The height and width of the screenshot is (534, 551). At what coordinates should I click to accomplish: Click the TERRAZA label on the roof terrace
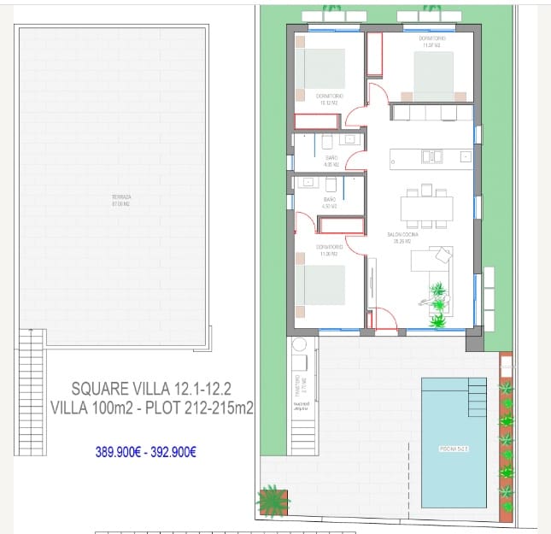click(120, 201)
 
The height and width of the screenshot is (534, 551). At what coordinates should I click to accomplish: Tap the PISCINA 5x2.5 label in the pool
click(453, 448)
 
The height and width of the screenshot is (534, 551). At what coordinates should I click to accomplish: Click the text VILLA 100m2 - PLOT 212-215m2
click(152, 408)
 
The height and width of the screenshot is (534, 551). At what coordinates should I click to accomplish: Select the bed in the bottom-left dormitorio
click(320, 285)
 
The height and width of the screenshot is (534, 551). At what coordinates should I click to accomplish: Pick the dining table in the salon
click(426, 208)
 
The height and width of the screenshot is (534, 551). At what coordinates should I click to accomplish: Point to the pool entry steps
click(477, 396)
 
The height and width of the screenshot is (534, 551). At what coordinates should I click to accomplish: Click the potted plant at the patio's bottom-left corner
click(273, 498)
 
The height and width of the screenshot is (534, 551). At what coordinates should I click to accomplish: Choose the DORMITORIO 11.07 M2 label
click(431, 43)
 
